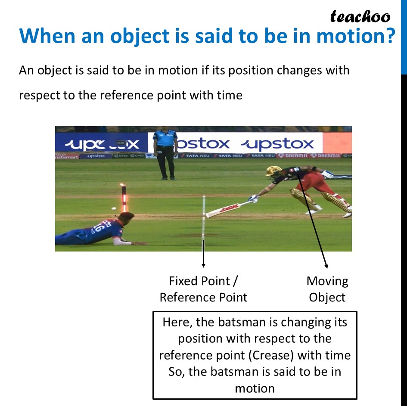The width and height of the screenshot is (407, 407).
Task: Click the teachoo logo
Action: (360, 16)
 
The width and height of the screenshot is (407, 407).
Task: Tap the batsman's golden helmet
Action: (273, 171)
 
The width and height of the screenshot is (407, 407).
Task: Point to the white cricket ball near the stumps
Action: (114, 209)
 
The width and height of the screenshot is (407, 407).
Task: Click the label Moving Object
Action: (327, 289)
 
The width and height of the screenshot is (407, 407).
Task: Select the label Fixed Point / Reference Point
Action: (203, 289)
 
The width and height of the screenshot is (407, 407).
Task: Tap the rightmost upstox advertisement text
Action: (277, 143)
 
